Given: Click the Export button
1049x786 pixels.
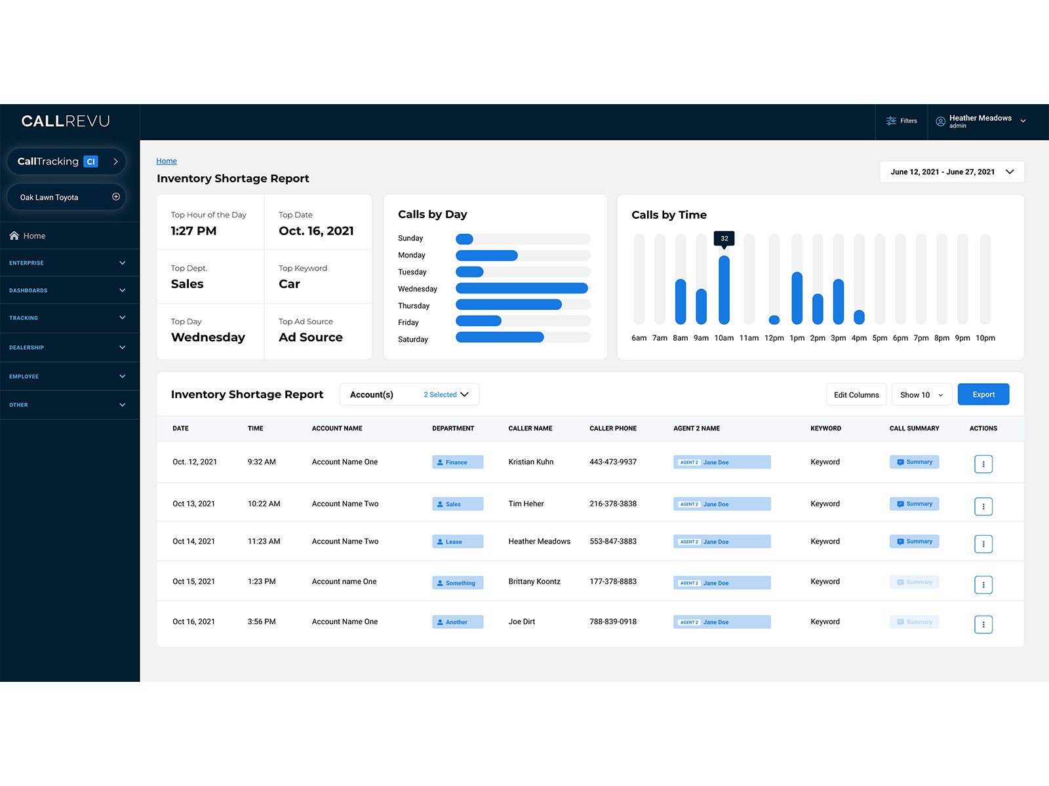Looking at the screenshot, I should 983,394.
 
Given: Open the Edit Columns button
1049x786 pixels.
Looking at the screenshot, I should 856,395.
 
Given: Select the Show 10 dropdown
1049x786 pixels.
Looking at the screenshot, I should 921,395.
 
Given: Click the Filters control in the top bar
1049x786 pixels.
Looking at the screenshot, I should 901,121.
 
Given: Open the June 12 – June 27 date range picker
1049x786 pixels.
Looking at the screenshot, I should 951,172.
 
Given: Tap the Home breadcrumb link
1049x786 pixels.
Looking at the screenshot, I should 167,161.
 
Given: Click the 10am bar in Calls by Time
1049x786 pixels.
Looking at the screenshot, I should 724,290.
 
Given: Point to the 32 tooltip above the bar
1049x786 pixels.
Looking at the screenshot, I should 724,238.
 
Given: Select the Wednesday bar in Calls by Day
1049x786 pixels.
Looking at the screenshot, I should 521,289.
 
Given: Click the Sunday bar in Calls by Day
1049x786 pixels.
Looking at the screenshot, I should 464,239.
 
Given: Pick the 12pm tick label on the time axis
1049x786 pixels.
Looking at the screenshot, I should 774,338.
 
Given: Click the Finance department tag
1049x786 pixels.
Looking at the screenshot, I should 457,462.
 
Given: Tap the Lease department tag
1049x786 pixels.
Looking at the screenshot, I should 457,542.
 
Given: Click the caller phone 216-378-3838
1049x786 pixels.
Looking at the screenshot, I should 612,504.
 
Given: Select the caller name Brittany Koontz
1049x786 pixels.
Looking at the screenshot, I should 534,582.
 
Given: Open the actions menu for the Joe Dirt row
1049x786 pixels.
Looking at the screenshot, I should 983,624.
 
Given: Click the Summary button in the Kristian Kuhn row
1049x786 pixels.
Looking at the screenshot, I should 914,462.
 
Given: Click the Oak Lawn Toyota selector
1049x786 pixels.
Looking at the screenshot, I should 66,197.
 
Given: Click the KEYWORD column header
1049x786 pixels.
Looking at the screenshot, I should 825,428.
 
